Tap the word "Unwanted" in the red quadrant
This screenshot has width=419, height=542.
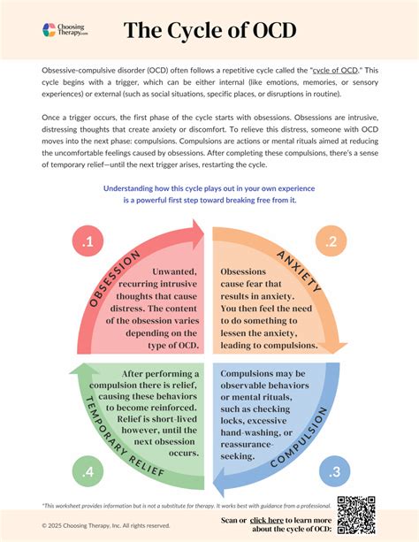(177, 272)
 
